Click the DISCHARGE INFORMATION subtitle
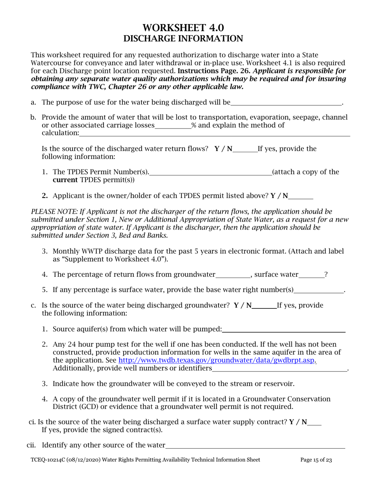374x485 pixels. click(183, 39)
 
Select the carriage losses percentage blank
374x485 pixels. click(173, 126)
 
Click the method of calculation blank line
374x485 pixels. click(214, 134)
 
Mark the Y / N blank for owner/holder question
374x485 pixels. click(301, 196)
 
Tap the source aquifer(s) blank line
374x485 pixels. click(283, 330)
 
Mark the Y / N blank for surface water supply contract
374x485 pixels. click(315, 423)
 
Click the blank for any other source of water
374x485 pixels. click(255, 446)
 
